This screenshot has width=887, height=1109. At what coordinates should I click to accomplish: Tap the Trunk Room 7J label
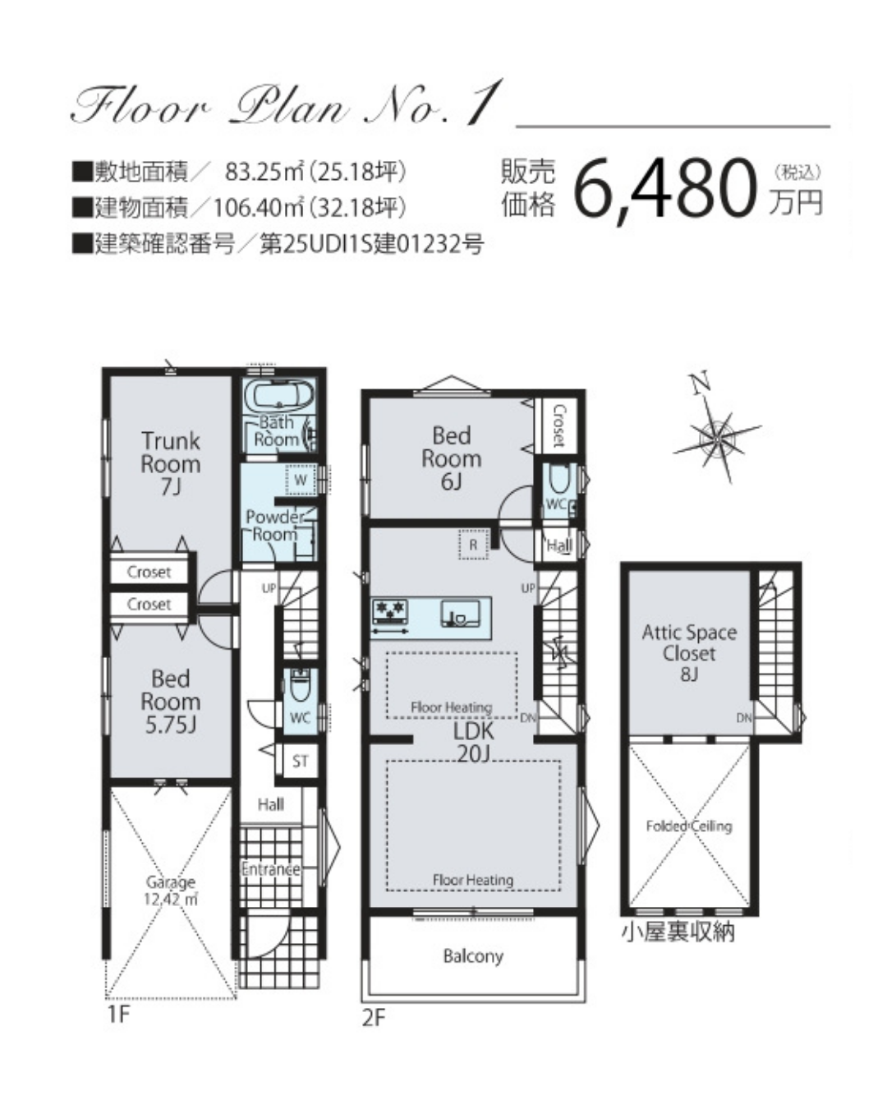171,463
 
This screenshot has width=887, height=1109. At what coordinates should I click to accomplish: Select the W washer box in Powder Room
301,480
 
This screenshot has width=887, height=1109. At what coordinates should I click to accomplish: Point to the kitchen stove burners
390,612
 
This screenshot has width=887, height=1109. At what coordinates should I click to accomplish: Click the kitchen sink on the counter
460,614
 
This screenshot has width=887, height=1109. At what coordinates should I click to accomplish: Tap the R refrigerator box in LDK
473,544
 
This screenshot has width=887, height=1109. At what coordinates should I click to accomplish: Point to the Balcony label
473,956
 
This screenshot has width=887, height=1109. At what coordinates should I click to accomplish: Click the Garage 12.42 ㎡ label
171,890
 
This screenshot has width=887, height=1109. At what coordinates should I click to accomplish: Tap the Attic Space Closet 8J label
689,653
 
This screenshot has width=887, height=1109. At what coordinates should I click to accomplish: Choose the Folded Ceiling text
689,826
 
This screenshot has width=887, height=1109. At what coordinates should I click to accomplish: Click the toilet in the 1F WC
300,686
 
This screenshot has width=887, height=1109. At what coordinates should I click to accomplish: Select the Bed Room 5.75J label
171,702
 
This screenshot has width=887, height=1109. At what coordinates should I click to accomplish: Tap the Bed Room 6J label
452,458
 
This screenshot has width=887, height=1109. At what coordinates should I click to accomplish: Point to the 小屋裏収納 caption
678,932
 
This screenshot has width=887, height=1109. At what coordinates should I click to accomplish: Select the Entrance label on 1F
270,869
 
